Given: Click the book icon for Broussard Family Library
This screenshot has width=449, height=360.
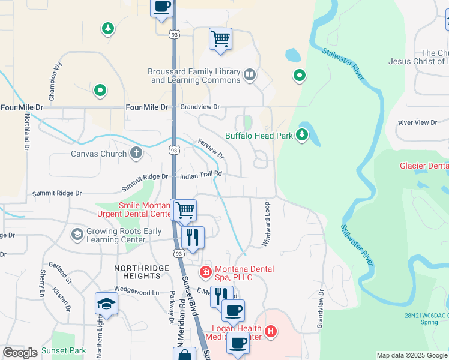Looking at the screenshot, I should (x=249, y=76).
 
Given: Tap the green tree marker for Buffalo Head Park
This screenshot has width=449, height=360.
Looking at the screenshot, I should (x=303, y=136).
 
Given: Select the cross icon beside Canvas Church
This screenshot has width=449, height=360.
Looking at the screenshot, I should (x=136, y=154).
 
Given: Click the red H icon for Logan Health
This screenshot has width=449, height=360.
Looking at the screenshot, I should (x=271, y=331).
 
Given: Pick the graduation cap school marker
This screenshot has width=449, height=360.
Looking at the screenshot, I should (x=106, y=304).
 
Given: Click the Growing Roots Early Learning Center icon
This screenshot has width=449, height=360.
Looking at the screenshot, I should (x=77, y=233).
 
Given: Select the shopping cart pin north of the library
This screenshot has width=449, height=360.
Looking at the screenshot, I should (x=220, y=38).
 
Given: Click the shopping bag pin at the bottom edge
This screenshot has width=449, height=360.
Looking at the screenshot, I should (x=184, y=355).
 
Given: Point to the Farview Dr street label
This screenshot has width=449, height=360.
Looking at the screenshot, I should (x=211, y=148).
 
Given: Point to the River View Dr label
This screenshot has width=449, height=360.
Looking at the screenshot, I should (x=418, y=122).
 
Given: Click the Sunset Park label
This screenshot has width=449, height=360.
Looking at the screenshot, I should (x=64, y=350).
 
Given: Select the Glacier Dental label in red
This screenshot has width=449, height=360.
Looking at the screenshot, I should (x=424, y=166).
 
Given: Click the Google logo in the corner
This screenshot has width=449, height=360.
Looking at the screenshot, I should (x=20, y=352).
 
